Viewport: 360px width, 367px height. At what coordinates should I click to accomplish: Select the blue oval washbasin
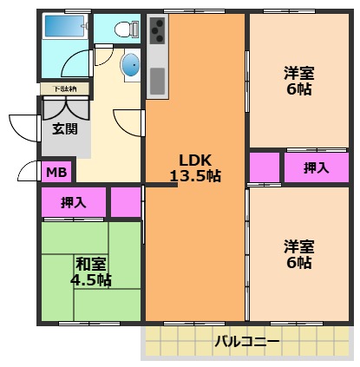point(129,65)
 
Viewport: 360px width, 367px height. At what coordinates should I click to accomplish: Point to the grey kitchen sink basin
point(157,80)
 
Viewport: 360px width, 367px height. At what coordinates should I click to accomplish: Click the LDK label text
point(194,160)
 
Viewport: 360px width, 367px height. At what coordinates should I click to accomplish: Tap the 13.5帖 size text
point(194,176)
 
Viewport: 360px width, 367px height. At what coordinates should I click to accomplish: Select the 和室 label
point(90,264)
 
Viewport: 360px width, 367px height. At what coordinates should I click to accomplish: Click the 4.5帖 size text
point(90,280)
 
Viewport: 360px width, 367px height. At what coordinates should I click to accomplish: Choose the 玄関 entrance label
point(64,129)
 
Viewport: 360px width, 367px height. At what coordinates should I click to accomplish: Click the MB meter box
point(56,172)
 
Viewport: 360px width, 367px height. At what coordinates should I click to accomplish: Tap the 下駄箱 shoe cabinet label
point(63,88)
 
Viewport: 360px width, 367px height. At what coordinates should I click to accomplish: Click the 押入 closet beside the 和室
point(73,202)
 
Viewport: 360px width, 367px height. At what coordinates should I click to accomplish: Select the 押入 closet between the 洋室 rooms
point(316,168)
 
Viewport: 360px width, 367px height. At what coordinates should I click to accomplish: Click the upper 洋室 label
point(298,73)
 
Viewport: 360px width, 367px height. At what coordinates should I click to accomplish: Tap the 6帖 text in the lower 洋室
point(298,262)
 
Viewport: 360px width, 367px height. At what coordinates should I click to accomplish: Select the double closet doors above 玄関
point(64,108)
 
